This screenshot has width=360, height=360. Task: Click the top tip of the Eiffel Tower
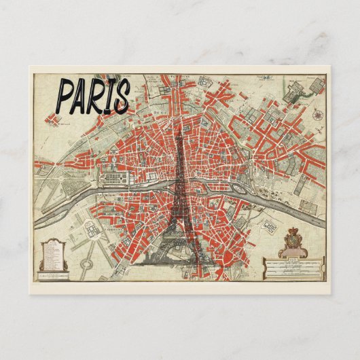tap(179, 129)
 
